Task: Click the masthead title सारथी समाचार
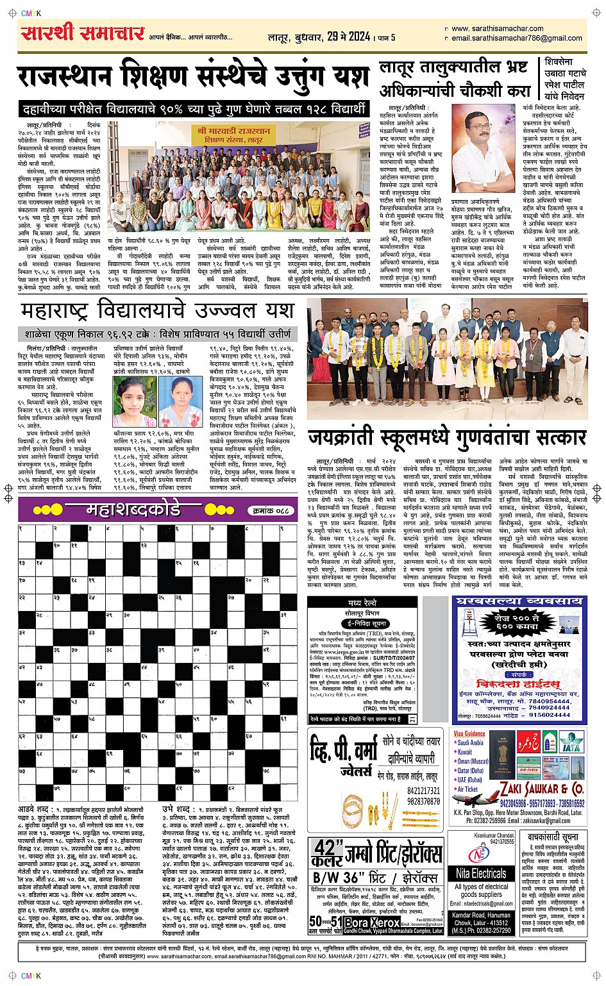click(x=83, y=33)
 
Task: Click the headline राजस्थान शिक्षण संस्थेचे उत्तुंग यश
click(x=193, y=78)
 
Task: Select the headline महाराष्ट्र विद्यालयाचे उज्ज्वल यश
click(x=157, y=312)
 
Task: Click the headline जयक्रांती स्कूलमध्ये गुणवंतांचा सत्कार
click(x=447, y=438)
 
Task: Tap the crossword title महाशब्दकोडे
click(x=133, y=510)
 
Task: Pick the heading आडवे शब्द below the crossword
click(x=36, y=810)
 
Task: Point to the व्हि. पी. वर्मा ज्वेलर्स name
click(x=344, y=759)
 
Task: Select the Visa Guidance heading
click(x=469, y=733)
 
